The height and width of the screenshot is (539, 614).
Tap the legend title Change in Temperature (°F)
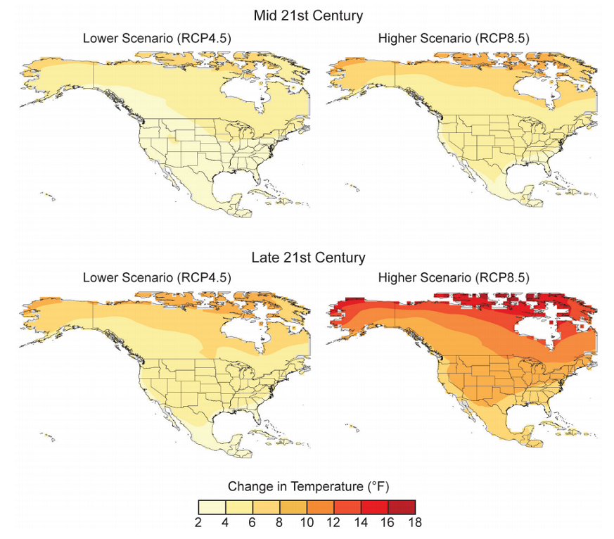pyautogui.click(x=308, y=486)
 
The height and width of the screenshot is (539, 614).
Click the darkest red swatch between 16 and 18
pyautogui.click(x=402, y=507)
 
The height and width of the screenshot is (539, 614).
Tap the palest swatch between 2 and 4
pyautogui.click(x=212, y=507)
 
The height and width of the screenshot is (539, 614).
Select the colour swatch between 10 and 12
pyautogui.click(x=321, y=507)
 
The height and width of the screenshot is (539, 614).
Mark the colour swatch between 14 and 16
pyautogui.click(x=374, y=507)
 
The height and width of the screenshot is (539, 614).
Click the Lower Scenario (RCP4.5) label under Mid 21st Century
pyautogui.click(x=157, y=37)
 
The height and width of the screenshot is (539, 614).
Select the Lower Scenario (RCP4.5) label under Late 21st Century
pyautogui.click(x=157, y=277)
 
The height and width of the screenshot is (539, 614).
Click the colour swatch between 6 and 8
pyautogui.click(x=267, y=507)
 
